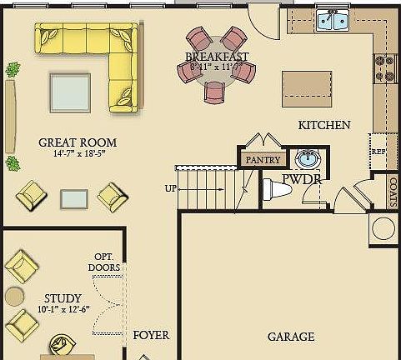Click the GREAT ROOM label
(x=78, y=142)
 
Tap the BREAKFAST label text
(x=217, y=57)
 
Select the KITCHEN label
(x=324, y=125)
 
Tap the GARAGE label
(x=291, y=337)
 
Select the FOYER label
(x=151, y=335)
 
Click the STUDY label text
(x=63, y=298)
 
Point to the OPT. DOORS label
(x=104, y=262)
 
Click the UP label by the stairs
(x=171, y=188)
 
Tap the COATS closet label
(x=393, y=191)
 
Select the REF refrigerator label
(x=378, y=152)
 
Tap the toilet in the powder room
(x=277, y=190)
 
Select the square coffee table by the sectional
(x=69, y=92)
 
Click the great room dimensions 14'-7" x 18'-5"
(x=78, y=154)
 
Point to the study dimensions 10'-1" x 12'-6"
(x=63, y=310)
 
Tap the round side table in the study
(x=14, y=296)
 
